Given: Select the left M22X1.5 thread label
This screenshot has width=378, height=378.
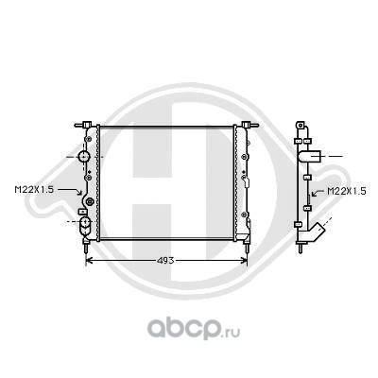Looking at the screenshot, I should pos(35,189).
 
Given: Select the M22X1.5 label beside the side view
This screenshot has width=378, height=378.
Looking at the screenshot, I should pos(347,190).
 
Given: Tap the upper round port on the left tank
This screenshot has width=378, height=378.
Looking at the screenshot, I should pos(85,156).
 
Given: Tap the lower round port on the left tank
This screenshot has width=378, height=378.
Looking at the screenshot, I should pos(86,226).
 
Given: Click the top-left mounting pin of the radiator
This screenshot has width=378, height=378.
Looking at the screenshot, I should pos(86,123).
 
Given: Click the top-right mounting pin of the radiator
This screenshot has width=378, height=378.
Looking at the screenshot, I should pos(248,123).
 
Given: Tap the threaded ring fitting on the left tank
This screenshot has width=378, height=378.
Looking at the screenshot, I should pos(90,201).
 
